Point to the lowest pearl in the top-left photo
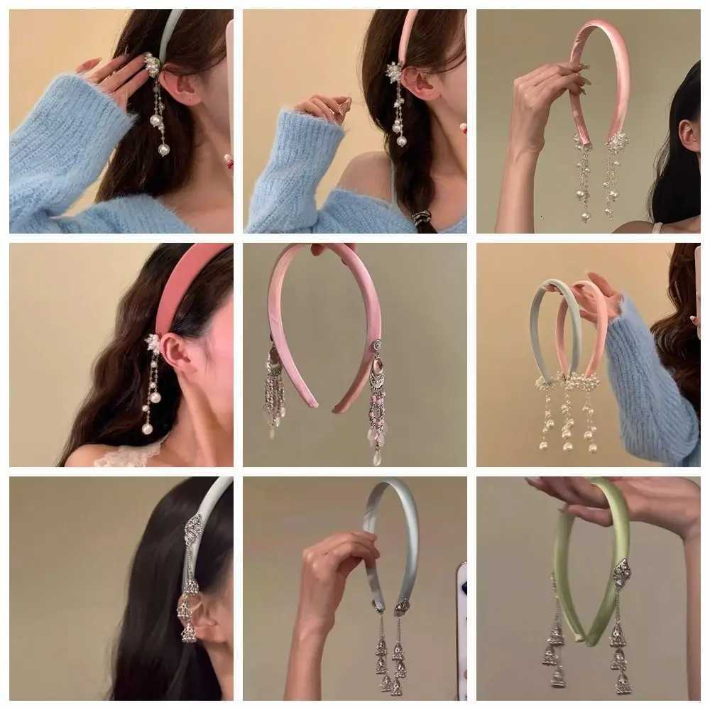pyautogui.click(x=164, y=150)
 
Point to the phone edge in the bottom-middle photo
pyautogui.click(x=461, y=625)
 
